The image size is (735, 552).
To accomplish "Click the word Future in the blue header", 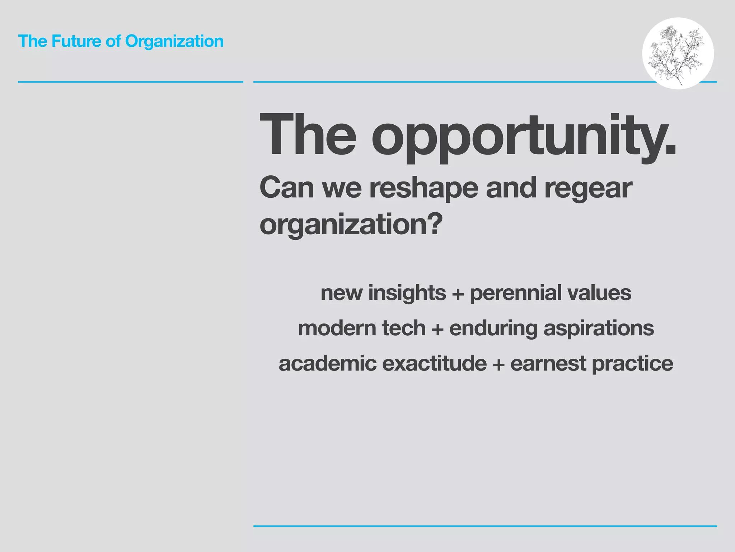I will (76, 41).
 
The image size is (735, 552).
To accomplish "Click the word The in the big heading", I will (308, 134).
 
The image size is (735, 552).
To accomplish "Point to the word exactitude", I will (434, 363).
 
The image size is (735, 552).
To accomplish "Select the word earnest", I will (548, 363).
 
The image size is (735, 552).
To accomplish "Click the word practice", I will (632, 364).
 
